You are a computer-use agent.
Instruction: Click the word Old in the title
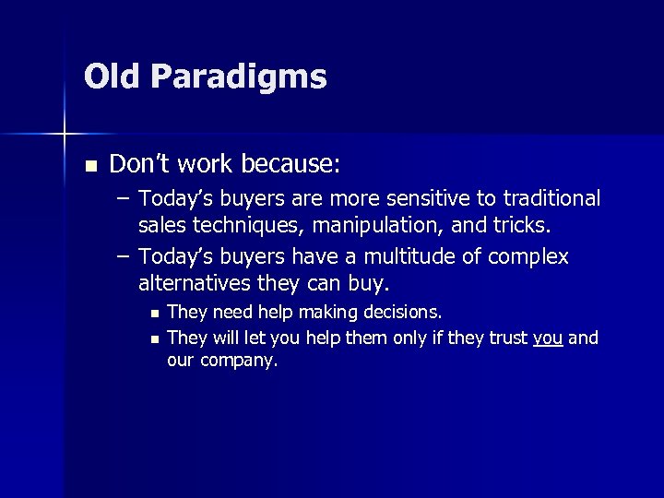[x=113, y=77]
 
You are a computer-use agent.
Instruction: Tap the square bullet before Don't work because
[x=89, y=166]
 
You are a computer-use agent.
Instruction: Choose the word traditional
[x=551, y=199]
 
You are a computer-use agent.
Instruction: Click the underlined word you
[x=548, y=338]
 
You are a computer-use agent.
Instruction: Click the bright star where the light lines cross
[x=65, y=135]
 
